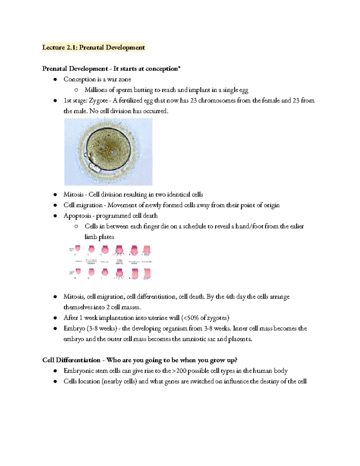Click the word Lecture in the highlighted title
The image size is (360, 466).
[53, 47]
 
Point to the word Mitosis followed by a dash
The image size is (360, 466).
[73, 195]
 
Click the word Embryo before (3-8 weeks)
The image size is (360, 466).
[74, 329]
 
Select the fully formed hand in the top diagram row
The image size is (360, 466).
[147, 251]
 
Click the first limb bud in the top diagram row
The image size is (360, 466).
[78, 248]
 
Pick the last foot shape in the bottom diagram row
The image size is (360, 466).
[147, 274]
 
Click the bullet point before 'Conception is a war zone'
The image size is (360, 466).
[55, 80]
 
